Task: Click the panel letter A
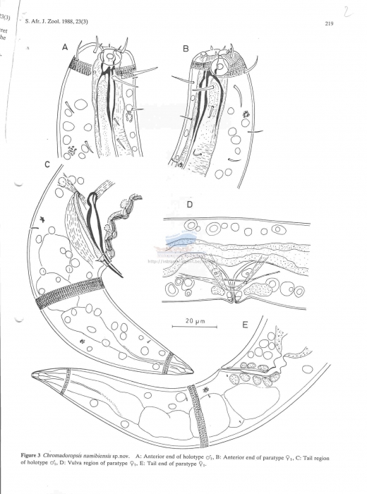65,48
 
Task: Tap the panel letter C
47,165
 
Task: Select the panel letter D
189,205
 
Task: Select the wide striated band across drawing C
72,291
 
